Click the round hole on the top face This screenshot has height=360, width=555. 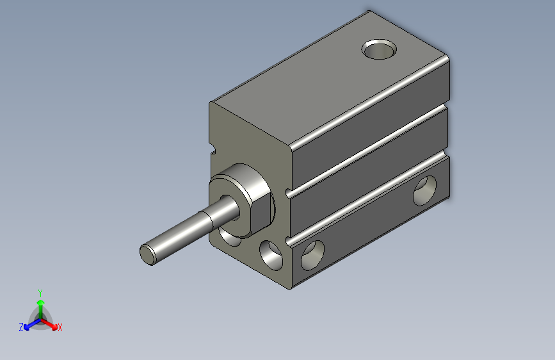point(380,49)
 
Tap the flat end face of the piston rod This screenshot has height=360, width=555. point(148,254)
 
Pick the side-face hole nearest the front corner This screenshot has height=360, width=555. point(312,254)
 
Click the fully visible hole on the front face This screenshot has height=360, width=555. point(271,253)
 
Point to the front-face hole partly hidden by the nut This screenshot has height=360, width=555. point(229,238)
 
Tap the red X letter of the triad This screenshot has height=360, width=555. point(60,327)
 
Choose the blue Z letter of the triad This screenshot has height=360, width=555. point(21,327)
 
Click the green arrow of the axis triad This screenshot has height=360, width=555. point(40,304)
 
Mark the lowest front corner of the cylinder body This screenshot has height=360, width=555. point(293,286)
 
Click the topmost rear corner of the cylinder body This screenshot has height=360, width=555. point(369,10)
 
